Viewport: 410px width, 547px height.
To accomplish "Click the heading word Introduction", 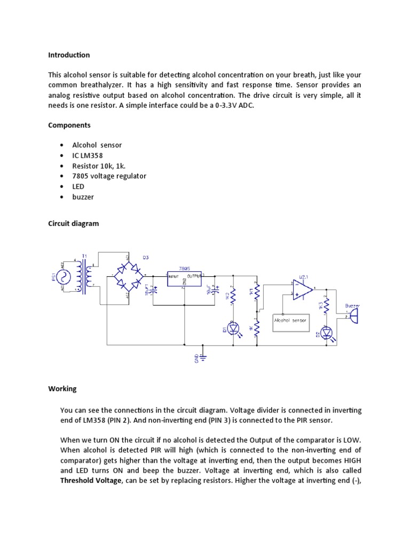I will [69, 55].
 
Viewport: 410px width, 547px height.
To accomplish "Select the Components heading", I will [69, 125].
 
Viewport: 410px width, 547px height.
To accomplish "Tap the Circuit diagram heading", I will [74, 224].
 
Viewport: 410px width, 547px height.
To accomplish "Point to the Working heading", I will [62, 389].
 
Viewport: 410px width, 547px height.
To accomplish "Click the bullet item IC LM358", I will [88, 155].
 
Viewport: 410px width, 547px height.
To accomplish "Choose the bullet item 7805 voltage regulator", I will [109, 176].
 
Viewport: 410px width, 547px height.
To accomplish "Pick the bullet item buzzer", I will [83, 197].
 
